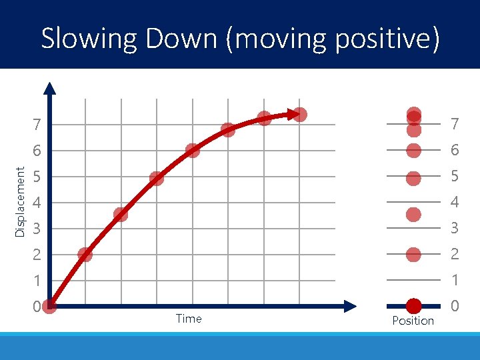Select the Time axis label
pos(189,319)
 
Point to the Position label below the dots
pos(413,321)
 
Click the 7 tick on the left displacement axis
pos(38,125)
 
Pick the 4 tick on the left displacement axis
pos(38,203)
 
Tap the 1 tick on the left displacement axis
pos(38,281)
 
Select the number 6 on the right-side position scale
pos(455,151)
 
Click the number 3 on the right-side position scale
pos(455,229)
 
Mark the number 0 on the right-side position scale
pos(455,307)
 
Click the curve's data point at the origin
pos(49,306)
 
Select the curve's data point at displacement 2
pos(85,254)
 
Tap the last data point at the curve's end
pos(300,115)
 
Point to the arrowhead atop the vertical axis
pos(50,87)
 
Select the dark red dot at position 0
pos(413,305)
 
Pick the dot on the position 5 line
pos(413,178)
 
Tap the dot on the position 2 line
pos(413,254)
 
